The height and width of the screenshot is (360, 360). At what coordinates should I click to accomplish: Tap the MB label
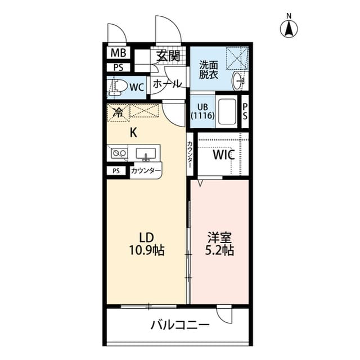point(118,53)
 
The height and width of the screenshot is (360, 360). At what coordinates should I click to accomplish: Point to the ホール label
point(167,84)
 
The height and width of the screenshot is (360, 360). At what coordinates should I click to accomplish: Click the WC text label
point(137,87)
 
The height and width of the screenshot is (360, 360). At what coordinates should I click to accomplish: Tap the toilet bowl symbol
point(119,87)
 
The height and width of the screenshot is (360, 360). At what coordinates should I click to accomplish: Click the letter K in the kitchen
point(133,133)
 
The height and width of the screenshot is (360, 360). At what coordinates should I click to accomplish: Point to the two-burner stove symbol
point(118,152)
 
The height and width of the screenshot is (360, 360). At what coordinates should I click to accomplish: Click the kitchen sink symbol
point(146,153)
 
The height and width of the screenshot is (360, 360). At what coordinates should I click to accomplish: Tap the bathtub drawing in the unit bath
point(227,111)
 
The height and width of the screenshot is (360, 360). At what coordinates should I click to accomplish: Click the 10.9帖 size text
point(147,250)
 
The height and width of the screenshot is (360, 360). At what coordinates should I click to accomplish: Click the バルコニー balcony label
point(179,325)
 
